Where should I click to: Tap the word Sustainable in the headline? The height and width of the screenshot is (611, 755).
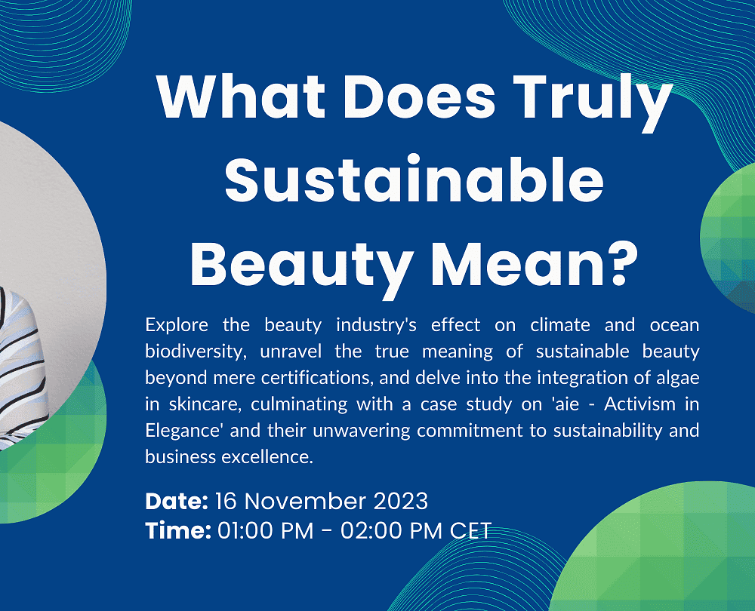point(414,179)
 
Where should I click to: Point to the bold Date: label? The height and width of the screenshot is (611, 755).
point(177,502)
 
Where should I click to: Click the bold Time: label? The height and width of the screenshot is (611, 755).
point(178,530)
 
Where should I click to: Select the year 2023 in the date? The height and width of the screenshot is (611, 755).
point(401,502)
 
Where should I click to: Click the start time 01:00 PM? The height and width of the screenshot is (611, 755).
point(265,530)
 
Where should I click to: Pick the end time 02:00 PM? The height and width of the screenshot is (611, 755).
point(391,530)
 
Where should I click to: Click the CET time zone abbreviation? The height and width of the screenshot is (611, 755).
point(470,530)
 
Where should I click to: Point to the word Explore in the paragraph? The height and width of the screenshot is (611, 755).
point(177,326)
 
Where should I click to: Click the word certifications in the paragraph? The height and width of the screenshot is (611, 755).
point(316,378)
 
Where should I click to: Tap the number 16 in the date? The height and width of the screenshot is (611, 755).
point(226,502)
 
